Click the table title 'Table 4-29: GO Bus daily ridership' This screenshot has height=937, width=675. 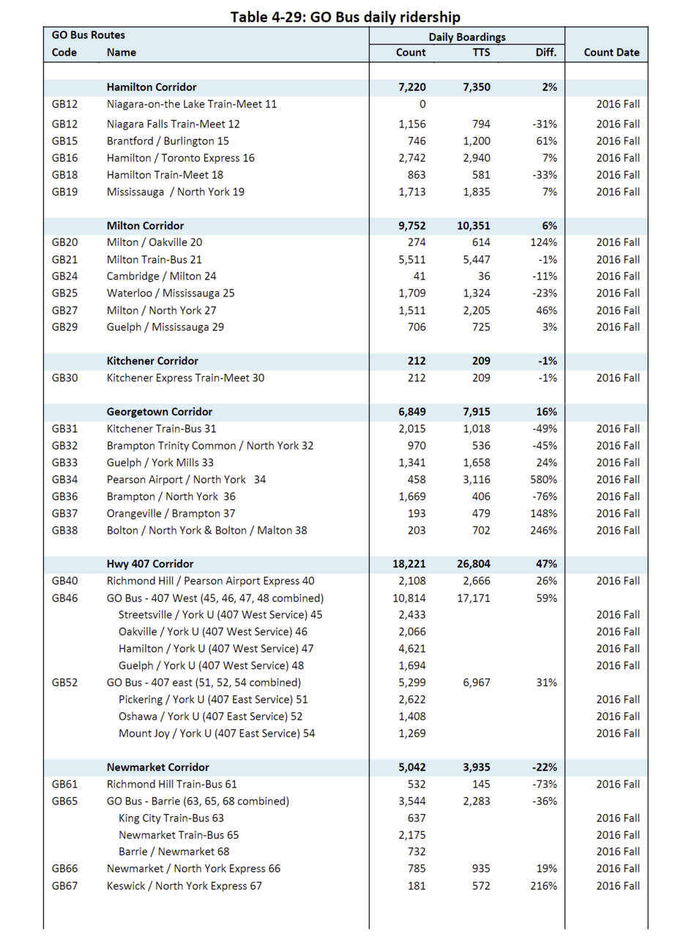tap(346, 16)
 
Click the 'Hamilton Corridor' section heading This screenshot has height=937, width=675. tap(152, 87)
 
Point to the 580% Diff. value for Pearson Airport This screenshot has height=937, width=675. tap(544, 479)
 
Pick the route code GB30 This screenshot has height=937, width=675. tap(64, 378)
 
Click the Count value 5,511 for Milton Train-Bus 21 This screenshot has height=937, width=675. tap(411, 259)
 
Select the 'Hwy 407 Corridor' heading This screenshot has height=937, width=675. tap(150, 564)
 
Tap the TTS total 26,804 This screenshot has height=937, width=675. tap(474, 564)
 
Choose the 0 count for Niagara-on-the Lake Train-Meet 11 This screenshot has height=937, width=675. tap(422, 104)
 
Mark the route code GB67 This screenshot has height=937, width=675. tap(64, 886)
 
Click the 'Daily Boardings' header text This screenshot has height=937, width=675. tap(467, 37)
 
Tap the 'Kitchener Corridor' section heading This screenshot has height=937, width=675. tap(152, 361)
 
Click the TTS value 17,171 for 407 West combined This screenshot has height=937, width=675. tap(474, 598)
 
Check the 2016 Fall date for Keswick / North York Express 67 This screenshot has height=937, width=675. tap(618, 886)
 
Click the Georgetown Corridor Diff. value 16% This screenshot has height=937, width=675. tap(546, 412)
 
